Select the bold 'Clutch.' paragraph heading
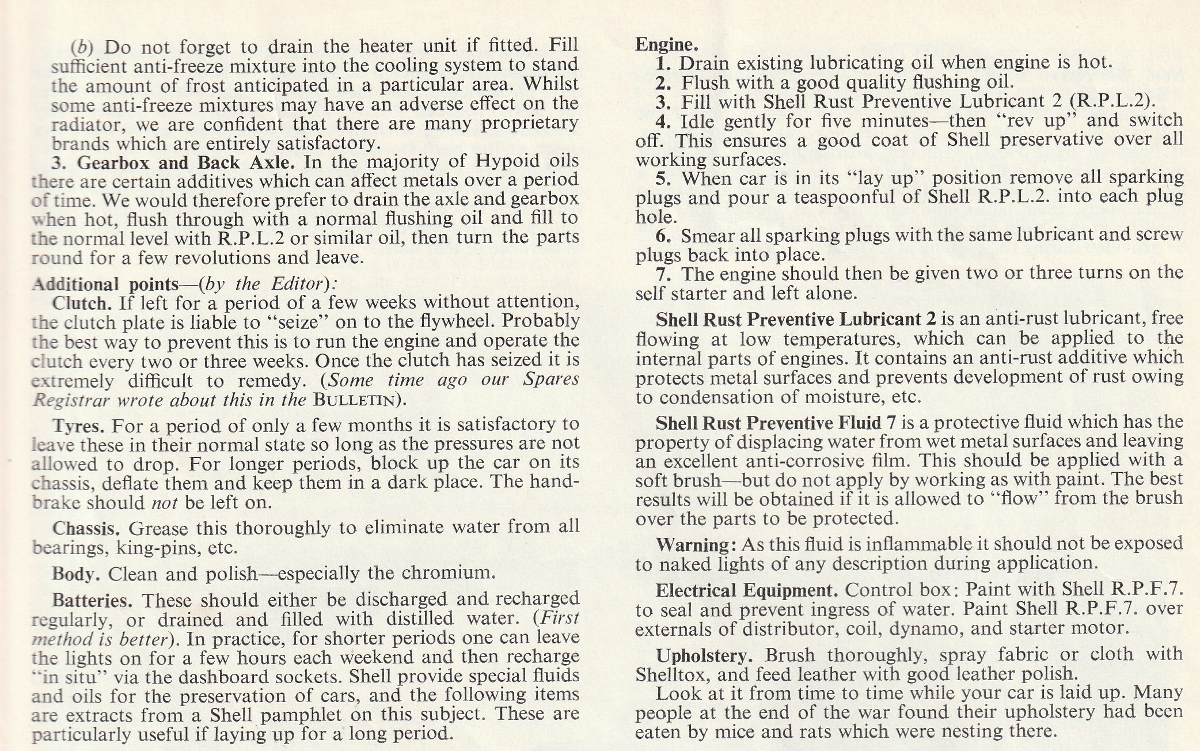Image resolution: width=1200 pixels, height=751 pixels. (81, 303)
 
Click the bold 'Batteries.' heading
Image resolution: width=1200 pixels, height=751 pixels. (92, 601)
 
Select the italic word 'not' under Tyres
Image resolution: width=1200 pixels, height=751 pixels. (165, 503)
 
